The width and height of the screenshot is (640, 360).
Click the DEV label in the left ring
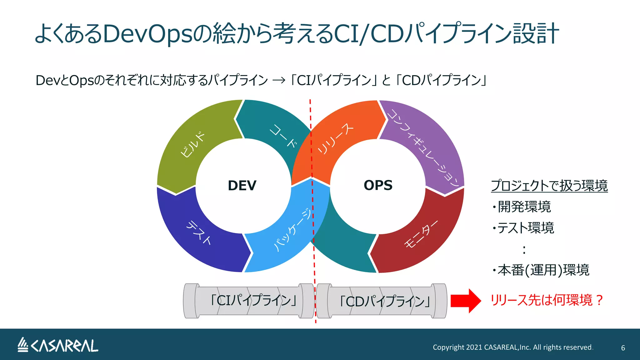click(242, 186)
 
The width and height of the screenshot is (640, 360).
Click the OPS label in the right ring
click(378, 185)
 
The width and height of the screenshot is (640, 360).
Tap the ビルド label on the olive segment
click(192, 144)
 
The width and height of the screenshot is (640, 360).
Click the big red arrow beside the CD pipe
click(466, 301)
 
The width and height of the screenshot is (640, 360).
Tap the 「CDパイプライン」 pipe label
click(385, 302)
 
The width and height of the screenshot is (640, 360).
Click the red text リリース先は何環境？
click(547, 300)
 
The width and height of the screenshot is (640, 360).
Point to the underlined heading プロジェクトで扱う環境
click(549, 186)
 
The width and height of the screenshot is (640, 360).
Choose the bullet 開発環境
click(524, 207)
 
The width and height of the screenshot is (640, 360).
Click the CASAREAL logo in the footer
click(58, 346)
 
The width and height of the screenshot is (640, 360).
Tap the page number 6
click(623, 348)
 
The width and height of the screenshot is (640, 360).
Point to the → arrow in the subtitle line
click(279, 81)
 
